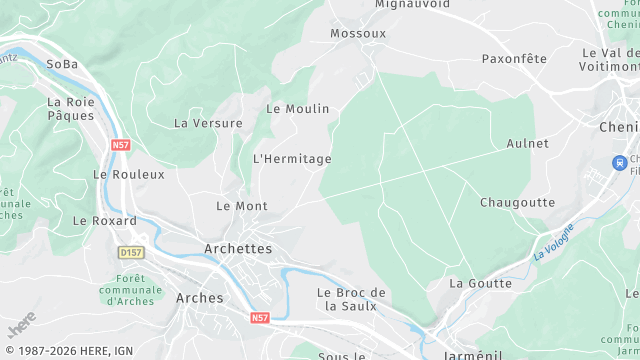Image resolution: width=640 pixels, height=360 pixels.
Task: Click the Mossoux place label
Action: [358, 34]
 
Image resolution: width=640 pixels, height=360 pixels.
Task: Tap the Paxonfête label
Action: [514, 59]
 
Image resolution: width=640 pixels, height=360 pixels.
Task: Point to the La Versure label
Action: [208, 124]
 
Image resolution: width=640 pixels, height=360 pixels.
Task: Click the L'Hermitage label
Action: [292, 159]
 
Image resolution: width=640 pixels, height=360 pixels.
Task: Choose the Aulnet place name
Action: [528, 144]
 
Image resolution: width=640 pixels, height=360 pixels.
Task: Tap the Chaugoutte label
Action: [517, 202]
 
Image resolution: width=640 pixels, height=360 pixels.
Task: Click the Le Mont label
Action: [242, 206]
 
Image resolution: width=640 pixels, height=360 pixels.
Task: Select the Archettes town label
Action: [238, 249]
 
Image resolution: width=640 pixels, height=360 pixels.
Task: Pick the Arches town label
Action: [200, 298]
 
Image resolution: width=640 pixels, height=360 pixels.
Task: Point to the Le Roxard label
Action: [105, 220]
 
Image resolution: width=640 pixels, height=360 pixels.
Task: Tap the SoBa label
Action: [62, 64]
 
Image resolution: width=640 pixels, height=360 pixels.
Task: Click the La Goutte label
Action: [480, 284]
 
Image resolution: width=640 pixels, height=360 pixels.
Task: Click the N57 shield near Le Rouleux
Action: [121, 146]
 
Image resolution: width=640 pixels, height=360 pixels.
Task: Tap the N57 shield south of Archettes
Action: [260, 318]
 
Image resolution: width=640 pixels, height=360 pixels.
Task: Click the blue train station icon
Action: [620, 162]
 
